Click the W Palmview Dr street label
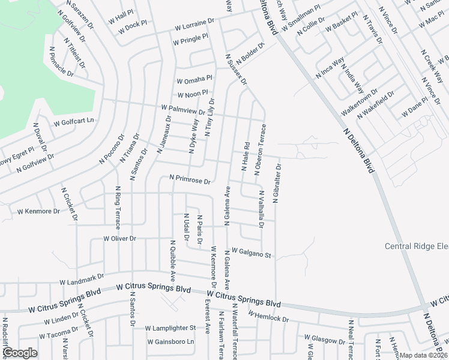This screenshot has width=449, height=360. coord(184,109)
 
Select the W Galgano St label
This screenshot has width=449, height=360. coord(252,253)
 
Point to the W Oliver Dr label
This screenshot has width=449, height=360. coord(120,238)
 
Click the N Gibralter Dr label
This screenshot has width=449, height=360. coord(277,183)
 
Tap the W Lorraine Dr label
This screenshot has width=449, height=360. coord(194,25)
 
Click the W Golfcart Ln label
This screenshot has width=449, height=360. coord(74,121)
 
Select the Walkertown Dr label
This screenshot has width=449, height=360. coord(359,103)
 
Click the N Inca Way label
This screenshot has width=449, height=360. coord(330,68)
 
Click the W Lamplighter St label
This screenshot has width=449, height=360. coord(170,328)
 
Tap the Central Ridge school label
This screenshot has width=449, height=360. coord(416,247)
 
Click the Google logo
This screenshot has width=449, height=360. coord(19,352)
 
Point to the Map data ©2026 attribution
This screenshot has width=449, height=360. coord(423,355)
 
